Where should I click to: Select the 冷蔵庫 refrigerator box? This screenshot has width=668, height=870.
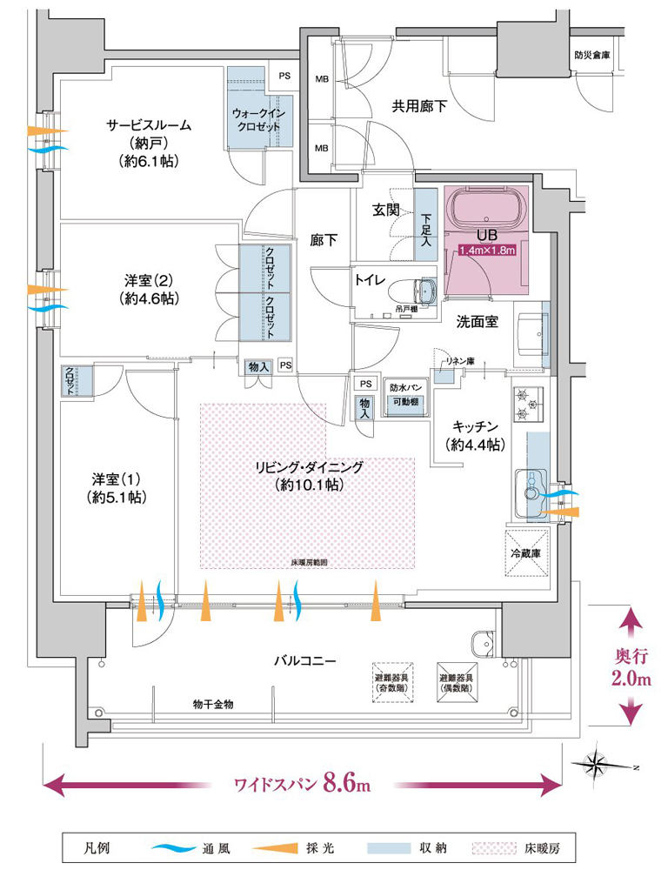[526, 552]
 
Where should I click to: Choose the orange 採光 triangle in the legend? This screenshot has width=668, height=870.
[276, 846]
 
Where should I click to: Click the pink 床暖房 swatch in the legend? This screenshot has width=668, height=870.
[491, 846]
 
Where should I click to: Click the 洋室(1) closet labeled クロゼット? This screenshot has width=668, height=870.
[69, 380]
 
